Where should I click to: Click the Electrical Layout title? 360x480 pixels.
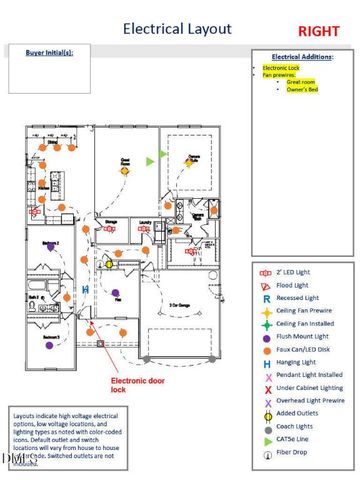pyautogui.click(x=177, y=30)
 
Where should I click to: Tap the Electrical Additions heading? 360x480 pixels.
pyautogui.click(x=302, y=57)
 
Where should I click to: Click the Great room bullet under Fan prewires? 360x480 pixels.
pyautogui.click(x=301, y=80)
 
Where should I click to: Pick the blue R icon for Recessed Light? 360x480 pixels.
pyautogui.click(x=265, y=298)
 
